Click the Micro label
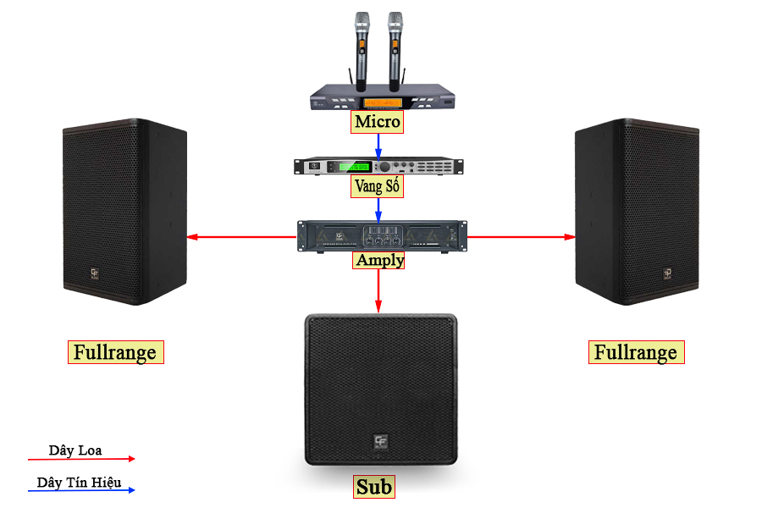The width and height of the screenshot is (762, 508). pyautogui.click(x=378, y=122)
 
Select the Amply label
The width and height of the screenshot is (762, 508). pyautogui.click(x=378, y=260)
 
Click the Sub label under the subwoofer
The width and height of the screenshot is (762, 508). pyautogui.click(x=374, y=486)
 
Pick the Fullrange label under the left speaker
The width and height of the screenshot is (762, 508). pyautogui.click(x=115, y=352)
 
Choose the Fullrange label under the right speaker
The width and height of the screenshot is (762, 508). pyautogui.click(x=636, y=352)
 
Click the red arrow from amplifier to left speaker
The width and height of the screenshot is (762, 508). pyautogui.click(x=241, y=237)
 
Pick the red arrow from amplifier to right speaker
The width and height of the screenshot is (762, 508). pyautogui.click(x=521, y=237)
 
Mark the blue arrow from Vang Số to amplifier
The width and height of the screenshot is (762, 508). pyautogui.click(x=378, y=209)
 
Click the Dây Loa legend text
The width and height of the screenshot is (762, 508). pyautogui.click(x=75, y=450)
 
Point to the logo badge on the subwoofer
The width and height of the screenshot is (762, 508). pyautogui.click(x=380, y=442)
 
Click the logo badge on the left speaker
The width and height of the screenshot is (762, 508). pyautogui.click(x=95, y=274)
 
